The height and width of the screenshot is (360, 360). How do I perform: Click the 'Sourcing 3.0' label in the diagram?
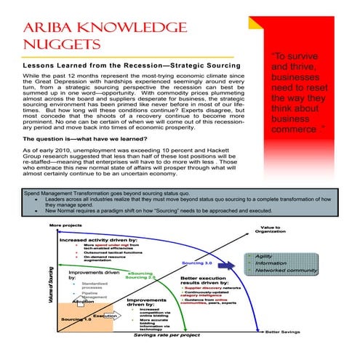(x=196, y=262)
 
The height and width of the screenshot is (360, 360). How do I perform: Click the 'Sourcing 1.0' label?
(x=75, y=319)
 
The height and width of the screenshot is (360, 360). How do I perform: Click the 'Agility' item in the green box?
(x=264, y=257)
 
